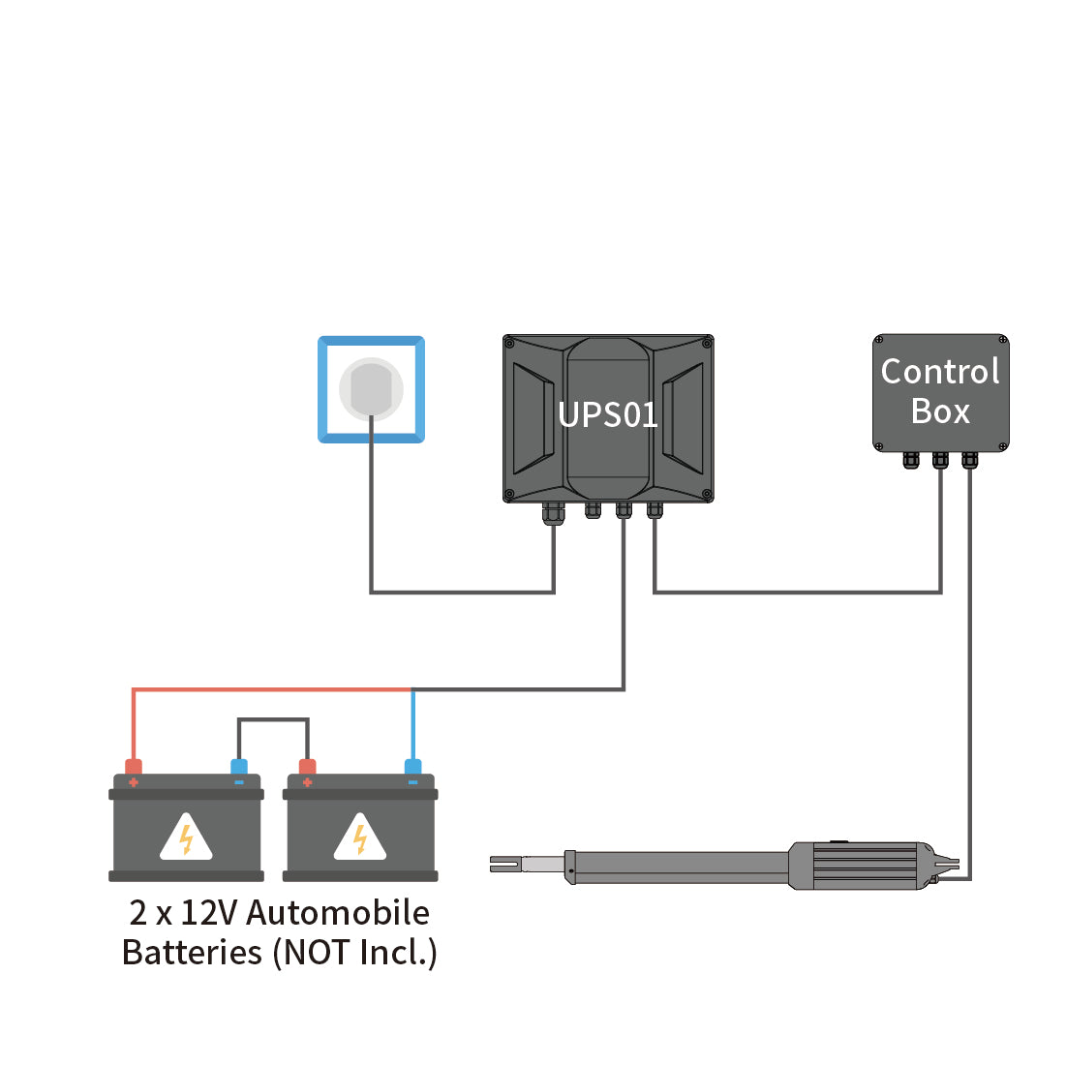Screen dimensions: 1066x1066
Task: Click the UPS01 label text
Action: (x=608, y=415)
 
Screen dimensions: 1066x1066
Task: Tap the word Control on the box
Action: (x=939, y=372)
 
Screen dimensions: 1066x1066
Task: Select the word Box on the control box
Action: (x=940, y=411)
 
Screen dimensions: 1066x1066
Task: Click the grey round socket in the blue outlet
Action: (x=371, y=388)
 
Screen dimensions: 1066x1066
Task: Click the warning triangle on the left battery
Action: (x=186, y=838)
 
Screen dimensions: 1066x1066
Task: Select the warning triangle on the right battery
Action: (x=360, y=838)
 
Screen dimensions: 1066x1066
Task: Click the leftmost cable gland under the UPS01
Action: (x=553, y=512)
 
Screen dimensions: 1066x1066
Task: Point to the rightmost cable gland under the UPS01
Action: (x=655, y=509)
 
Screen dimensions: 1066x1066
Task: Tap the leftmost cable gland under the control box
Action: (x=910, y=459)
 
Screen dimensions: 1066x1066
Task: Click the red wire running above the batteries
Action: (x=271, y=689)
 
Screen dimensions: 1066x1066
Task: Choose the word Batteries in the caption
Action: (x=192, y=953)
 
